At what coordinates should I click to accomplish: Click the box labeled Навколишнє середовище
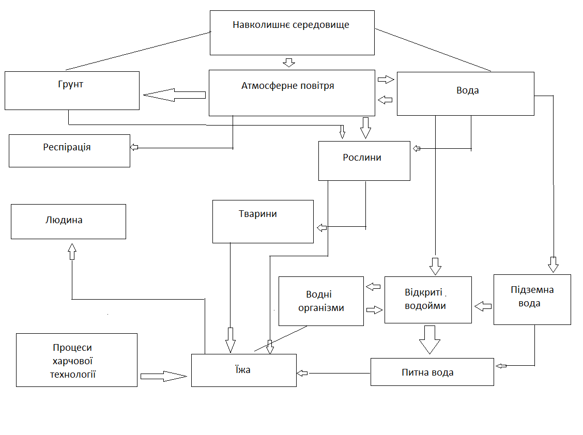click(291, 32)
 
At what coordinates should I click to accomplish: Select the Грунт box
click(72, 90)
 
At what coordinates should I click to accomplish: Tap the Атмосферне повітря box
click(291, 93)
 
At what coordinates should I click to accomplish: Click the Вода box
click(465, 94)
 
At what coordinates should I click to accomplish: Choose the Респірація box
click(69, 150)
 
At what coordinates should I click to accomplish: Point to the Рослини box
click(364, 161)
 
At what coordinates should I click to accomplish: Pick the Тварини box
click(263, 221)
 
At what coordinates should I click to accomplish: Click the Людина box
click(68, 221)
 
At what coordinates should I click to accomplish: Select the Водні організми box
click(321, 301)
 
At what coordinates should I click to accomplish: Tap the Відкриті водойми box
click(428, 300)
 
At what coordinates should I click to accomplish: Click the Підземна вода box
click(532, 299)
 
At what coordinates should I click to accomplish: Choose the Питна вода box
click(432, 371)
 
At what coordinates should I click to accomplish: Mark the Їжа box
click(243, 370)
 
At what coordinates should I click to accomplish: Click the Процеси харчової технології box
click(76, 360)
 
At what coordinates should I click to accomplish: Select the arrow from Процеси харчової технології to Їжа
click(163, 376)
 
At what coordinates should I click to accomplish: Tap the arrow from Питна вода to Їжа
click(302, 373)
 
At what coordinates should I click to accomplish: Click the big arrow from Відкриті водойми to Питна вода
click(429, 338)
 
